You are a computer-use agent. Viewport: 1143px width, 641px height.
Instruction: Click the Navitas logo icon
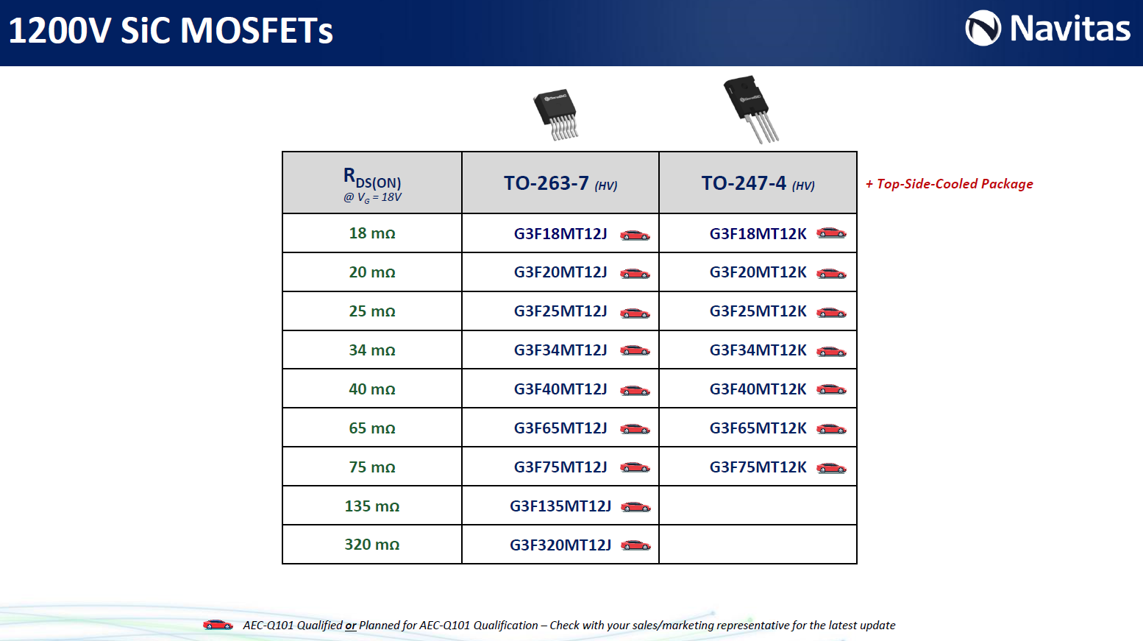[983, 28]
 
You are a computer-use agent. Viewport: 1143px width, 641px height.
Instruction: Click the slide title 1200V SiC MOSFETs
[171, 30]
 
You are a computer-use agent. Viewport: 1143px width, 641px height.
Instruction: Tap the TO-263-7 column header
[560, 183]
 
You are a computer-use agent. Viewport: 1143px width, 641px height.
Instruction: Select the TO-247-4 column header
[758, 183]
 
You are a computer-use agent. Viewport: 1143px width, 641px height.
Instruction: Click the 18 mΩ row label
[372, 233]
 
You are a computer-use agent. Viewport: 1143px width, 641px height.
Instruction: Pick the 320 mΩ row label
[372, 545]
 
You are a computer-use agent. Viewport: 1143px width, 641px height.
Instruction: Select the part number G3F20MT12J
[560, 272]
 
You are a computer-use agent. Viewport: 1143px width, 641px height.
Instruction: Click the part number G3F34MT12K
[758, 350]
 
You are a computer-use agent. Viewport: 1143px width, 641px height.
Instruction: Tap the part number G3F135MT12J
[560, 506]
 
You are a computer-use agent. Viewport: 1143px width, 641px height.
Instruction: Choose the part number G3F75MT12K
[758, 467]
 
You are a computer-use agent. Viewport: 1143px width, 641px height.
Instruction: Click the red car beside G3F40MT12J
[635, 390]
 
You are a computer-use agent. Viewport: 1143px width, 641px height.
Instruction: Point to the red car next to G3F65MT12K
[831, 428]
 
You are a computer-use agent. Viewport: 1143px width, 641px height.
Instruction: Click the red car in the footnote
[218, 625]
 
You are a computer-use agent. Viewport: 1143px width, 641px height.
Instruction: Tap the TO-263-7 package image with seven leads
[556, 114]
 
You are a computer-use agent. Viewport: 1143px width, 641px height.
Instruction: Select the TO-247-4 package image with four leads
[751, 110]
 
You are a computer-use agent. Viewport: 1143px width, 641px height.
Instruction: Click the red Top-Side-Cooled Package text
[949, 184]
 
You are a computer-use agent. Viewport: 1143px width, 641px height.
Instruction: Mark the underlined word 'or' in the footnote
[351, 626]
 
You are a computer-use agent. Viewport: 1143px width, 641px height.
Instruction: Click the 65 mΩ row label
[372, 428]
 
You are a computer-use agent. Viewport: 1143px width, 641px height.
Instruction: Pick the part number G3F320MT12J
[560, 545]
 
